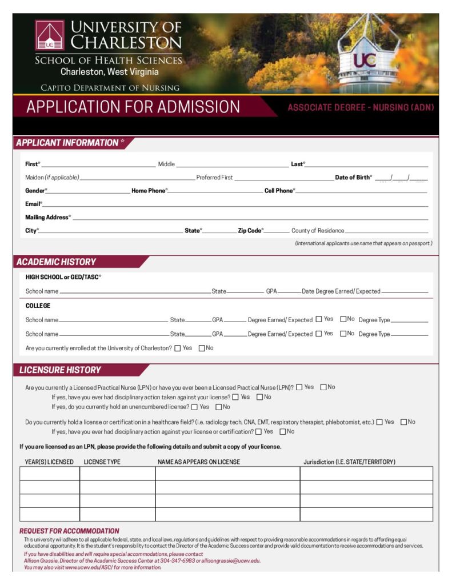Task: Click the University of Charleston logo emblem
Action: [x=50, y=35]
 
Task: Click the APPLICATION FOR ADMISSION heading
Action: [x=133, y=107]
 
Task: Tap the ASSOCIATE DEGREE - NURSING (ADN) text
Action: [x=361, y=107]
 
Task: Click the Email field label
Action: [x=33, y=204]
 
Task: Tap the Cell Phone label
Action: [x=279, y=191]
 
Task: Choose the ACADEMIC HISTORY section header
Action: [x=56, y=262]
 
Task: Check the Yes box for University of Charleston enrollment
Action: [x=178, y=348]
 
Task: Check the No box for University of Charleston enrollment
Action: [x=202, y=348]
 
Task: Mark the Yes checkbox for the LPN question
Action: [x=299, y=387]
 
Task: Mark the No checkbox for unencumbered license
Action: [x=219, y=407]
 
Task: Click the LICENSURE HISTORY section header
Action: [x=60, y=370]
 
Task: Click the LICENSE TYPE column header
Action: [x=102, y=462]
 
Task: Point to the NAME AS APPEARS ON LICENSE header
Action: [x=199, y=462]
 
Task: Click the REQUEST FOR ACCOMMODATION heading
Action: [x=70, y=531]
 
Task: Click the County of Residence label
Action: [x=318, y=231]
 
